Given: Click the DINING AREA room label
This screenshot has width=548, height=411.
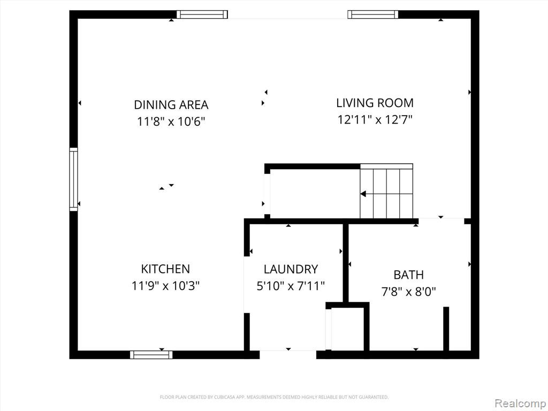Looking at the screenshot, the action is [171, 105].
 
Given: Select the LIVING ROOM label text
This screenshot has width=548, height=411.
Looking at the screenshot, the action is [375, 103].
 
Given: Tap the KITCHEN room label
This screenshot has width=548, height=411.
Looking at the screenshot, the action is [165, 269].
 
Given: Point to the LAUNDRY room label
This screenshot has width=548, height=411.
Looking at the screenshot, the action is [291, 269].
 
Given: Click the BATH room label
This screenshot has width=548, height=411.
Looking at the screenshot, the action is [408, 275].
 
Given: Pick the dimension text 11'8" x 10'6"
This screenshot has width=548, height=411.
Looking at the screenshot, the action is [171, 121].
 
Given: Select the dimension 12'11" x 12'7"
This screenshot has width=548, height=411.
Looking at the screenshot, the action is [375, 120].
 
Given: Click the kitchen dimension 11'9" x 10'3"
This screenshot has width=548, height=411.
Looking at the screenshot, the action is [165, 286].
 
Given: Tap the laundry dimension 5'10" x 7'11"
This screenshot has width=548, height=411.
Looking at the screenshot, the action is [291, 286].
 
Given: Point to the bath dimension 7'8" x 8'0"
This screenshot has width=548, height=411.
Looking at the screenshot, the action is [408, 292].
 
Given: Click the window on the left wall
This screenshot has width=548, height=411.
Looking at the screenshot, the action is [73, 179].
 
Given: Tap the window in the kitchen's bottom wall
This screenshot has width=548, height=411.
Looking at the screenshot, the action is [151, 355].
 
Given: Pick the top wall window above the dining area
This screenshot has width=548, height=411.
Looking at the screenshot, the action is [202, 14].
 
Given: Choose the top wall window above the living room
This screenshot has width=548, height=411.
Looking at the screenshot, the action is [373, 14].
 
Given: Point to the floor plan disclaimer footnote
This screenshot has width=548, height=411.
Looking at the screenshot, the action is [274, 397].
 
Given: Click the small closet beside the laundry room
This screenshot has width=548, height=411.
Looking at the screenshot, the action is [347, 328].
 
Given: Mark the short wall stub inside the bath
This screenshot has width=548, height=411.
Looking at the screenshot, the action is [446, 329].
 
